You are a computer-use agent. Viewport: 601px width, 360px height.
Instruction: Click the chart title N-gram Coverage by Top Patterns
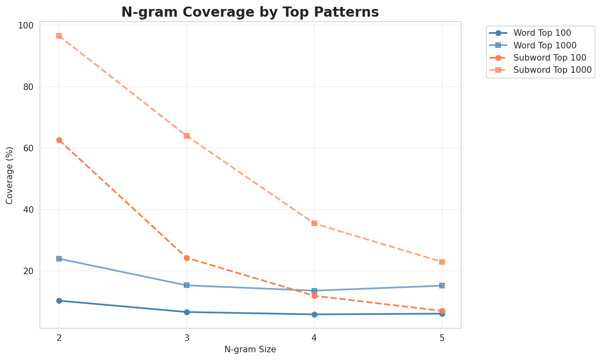250,12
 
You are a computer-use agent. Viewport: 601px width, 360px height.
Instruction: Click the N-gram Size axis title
250,349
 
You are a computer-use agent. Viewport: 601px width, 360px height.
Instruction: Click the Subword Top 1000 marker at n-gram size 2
59,36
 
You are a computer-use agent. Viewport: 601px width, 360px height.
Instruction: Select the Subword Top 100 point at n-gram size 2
59,140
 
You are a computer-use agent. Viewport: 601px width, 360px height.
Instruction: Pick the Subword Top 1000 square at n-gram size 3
187,136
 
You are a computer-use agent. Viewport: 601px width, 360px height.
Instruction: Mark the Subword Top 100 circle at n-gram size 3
187,258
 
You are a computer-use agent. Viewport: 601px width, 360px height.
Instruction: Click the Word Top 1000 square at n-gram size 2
59,259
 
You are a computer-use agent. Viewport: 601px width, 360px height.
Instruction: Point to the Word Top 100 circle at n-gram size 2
59,301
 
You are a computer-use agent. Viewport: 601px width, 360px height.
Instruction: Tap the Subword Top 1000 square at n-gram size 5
442,262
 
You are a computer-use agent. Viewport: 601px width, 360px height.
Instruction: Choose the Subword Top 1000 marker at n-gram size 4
314,223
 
